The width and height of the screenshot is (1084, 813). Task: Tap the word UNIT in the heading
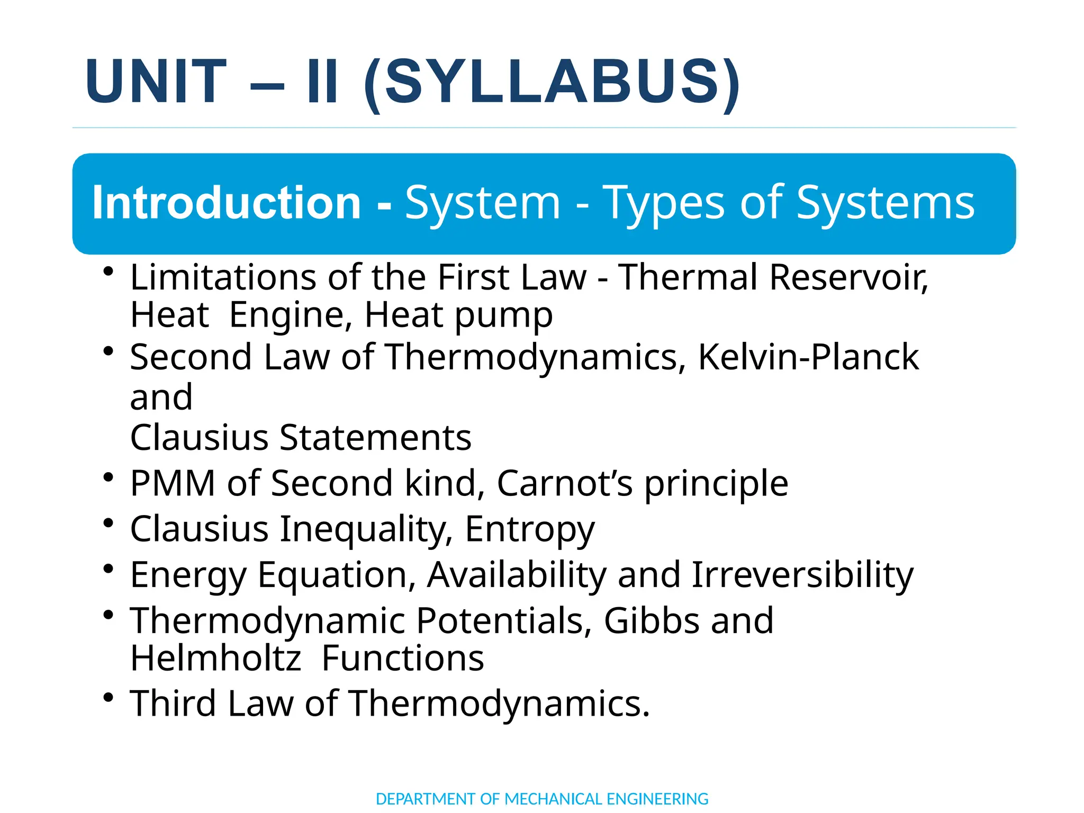(x=156, y=82)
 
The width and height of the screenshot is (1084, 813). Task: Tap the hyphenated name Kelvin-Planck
(x=808, y=357)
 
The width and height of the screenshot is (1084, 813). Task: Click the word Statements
(x=375, y=438)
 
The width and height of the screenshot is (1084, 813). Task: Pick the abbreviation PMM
(x=173, y=483)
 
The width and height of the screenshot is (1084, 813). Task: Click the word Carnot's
(x=564, y=483)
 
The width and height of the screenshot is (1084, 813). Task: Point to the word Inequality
(x=366, y=529)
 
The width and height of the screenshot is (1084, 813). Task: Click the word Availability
(x=517, y=575)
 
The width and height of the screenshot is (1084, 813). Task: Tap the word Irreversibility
(x=802, y=575)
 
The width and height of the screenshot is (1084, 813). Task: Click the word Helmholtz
(x=216, y=658)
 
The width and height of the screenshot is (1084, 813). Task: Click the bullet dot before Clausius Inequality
(x=109, y=523)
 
